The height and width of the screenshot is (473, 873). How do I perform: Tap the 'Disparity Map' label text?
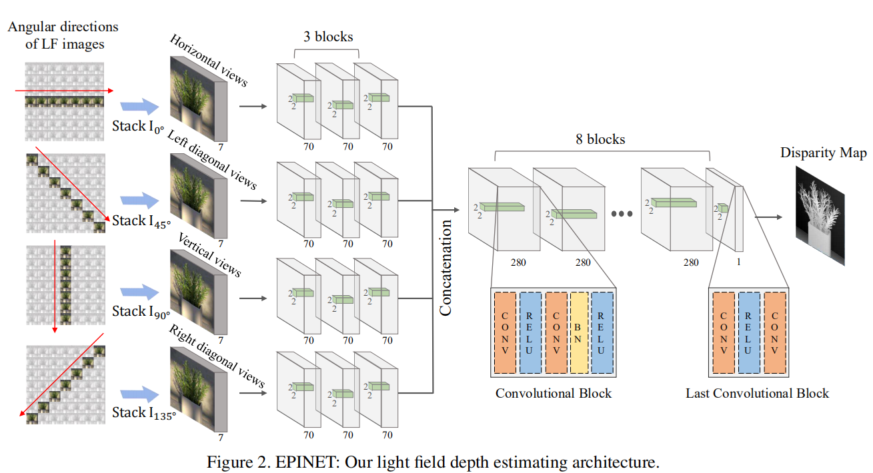[824, 154]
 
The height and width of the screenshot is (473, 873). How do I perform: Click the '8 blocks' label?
[600, 140]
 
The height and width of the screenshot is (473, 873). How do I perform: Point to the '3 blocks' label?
[327, 37]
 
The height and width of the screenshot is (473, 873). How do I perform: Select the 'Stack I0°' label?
[138, 126]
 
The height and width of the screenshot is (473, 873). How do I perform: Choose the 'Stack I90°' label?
[141, 311]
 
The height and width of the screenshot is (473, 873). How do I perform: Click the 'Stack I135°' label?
[143, 414]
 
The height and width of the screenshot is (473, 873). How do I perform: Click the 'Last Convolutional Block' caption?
[757, 393]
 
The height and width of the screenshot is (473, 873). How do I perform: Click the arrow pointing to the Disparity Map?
[768, 217]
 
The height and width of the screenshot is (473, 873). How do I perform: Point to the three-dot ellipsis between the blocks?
[621, 215]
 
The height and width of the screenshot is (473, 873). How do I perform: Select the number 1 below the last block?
[738, 262]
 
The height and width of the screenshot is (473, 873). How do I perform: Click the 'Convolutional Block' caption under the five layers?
[553, 393]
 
